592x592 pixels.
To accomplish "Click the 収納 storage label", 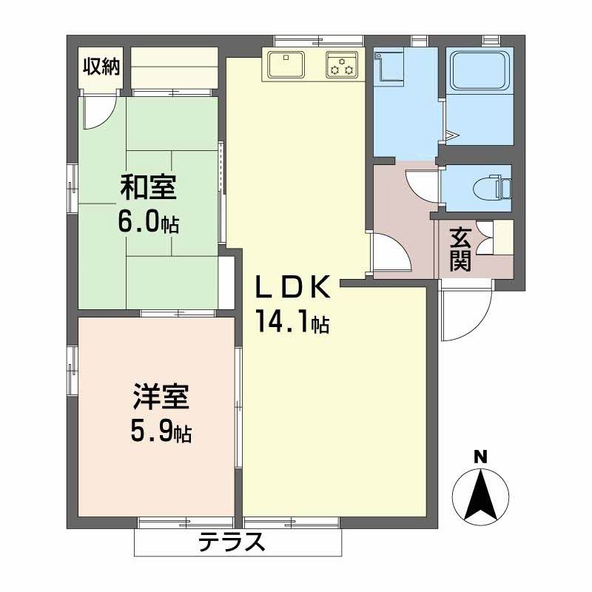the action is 101,67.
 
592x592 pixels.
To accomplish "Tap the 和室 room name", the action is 149,187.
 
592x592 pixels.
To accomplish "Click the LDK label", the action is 293,287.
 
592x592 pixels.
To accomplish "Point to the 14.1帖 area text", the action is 292,321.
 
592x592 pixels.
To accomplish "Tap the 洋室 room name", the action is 161,397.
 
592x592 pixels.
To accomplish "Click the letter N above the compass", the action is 480,457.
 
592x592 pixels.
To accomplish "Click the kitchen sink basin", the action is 286,64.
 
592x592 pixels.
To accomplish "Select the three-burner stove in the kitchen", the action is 342,65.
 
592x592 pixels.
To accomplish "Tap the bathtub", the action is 480,71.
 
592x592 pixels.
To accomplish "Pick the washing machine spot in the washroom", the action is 389,67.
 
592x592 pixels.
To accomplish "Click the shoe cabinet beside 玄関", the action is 503,236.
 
